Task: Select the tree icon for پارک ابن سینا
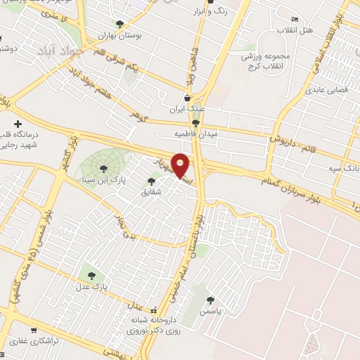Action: pos(104,168)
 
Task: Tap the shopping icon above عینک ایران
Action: pos(186,98)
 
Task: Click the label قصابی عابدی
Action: pos(324,91)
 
